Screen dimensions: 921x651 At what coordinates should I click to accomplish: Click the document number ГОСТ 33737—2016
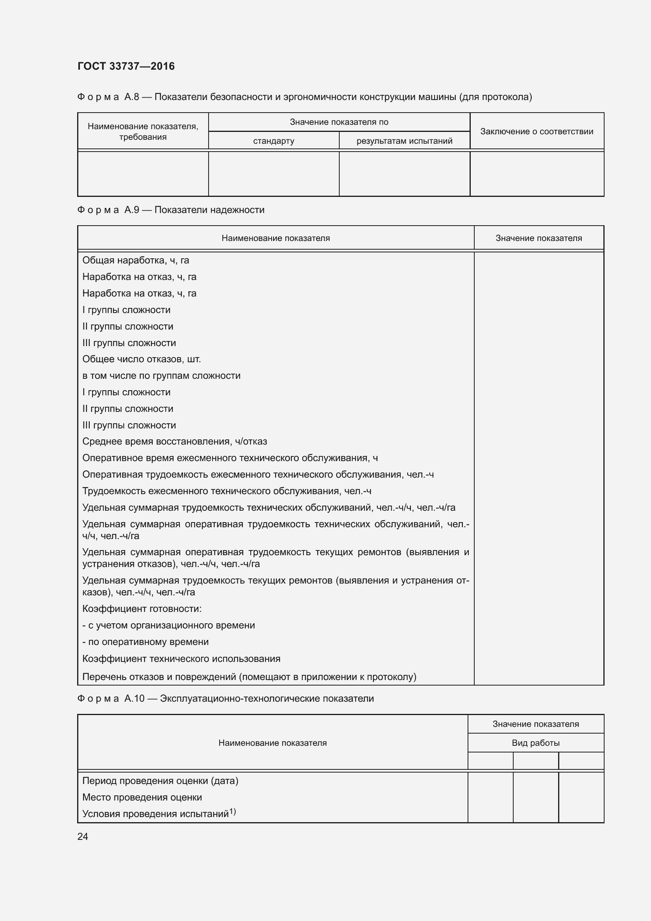126,66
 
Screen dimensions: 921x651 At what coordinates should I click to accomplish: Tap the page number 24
83,836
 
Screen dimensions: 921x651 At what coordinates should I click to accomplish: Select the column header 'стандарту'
274,141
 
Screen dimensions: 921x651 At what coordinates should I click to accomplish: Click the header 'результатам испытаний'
404,141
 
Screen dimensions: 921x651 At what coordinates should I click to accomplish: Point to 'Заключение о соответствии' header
536,132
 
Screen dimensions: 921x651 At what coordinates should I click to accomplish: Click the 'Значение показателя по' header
339,122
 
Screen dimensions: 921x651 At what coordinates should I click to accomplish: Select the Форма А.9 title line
171,210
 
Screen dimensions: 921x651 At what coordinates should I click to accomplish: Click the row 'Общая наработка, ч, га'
135,260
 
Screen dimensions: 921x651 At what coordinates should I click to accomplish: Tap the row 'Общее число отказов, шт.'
142,359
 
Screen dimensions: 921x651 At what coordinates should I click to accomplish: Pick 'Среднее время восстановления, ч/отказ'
174,441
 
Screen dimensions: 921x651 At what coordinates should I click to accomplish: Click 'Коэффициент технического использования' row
181,659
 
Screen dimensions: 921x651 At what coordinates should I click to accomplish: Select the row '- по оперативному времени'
146,642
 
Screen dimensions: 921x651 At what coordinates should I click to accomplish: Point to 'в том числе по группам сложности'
161,376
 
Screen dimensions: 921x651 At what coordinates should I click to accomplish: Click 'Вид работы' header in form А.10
535,743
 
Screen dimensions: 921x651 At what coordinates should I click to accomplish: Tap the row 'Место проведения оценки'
142,797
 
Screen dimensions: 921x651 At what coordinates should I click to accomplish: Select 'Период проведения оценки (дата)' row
160,780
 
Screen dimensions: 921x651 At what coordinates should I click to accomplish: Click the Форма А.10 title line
225,699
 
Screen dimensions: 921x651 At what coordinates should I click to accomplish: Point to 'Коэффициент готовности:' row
142,608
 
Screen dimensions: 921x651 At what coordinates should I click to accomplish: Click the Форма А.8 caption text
304,97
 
